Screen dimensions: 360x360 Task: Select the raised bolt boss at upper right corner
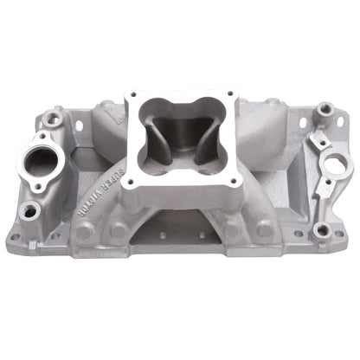[325, 110]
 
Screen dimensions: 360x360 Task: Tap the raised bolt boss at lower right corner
[321, 229]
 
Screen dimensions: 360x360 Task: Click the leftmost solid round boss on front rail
[84, 232]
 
